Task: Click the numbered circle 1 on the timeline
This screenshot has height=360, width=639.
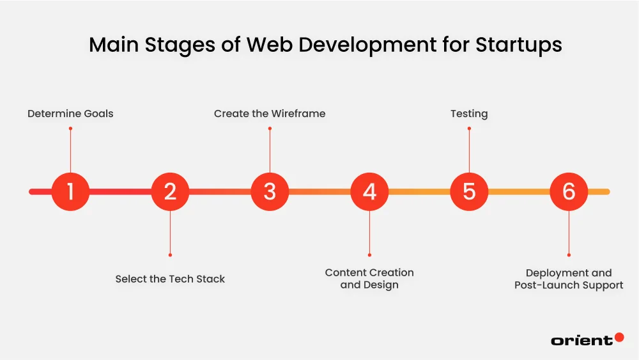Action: [70, 191]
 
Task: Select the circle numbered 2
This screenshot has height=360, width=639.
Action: [170, 191]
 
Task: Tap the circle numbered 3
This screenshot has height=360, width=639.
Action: [270, 191]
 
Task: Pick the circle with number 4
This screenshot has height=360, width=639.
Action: [369, 191]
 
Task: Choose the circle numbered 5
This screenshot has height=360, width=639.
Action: [469, 191]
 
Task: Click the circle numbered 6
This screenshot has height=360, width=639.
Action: [569, 191]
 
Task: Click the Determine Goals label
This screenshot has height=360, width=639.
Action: [70, 114]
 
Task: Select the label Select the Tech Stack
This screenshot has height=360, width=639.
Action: [170, 279]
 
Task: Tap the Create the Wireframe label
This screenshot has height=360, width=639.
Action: [270, 114]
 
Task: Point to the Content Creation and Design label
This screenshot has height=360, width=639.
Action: [369, 279]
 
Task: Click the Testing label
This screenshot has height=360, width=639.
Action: [469, 114]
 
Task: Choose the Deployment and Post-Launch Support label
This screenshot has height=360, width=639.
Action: [569, 279]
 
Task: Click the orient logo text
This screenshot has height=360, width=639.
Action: [581, 340]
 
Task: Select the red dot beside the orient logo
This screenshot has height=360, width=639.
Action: [619, 337]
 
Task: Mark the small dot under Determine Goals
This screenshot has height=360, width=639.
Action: [70, 129]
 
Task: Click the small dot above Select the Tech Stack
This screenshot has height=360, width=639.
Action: [170, 254]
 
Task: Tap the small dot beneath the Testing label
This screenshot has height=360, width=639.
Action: [469, 129]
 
